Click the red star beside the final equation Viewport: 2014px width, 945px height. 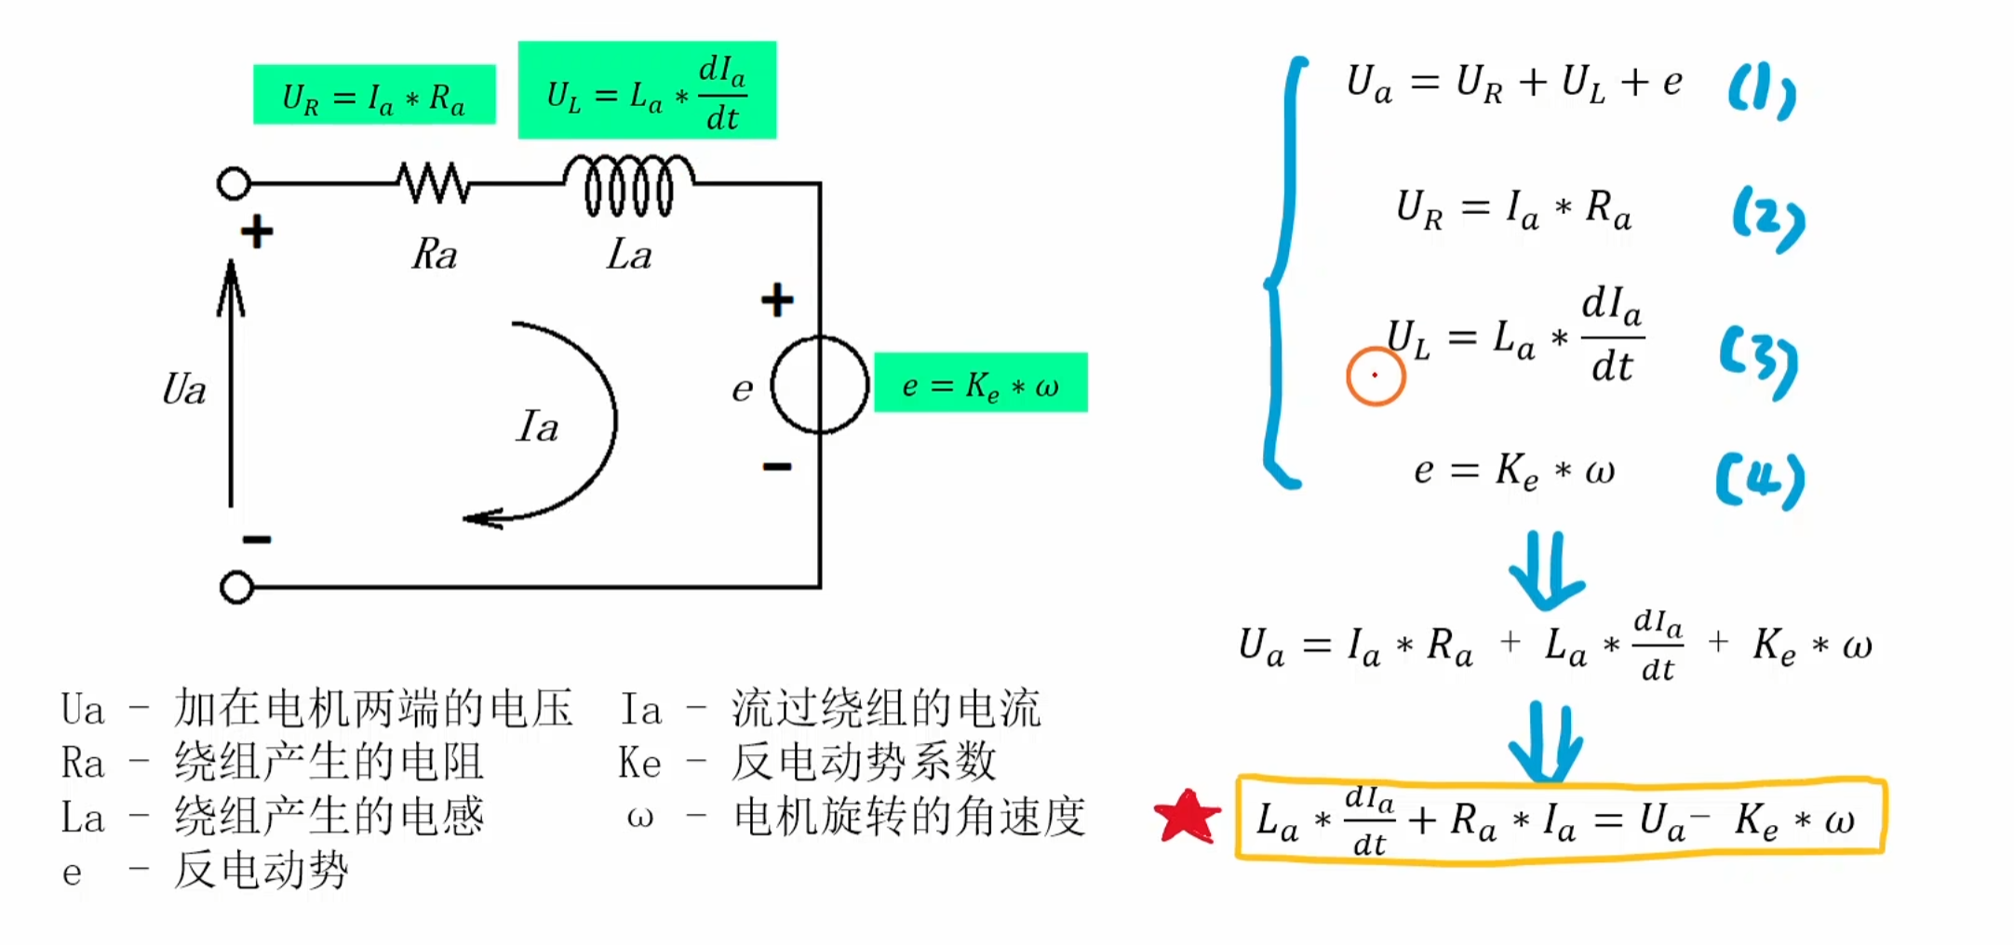point(1187,817)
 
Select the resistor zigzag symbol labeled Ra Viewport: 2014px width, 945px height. point(434,182)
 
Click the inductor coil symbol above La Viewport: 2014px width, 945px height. point(628,184)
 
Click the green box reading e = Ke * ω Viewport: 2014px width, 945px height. point(981,382)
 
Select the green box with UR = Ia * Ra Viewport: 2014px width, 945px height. point(374,94)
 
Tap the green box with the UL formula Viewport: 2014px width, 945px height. point(647,90)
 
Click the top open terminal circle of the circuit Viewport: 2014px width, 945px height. point(234,183)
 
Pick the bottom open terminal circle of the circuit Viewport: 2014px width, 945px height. point(236,587)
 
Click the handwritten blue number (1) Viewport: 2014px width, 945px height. point(1761,92)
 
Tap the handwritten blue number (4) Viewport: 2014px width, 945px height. point(1760,480)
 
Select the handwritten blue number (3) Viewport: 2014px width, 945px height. point(1758,361)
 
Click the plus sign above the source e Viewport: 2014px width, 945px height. point(777,299)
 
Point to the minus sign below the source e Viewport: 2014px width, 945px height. point(777,466)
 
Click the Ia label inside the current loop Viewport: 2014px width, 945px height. point(537,427)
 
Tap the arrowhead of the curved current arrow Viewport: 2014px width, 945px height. point(482,518)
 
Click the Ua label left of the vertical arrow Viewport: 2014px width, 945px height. point(184,389)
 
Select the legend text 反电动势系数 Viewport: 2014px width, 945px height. point(864,762)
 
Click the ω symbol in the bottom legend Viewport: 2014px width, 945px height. point(639,818)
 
